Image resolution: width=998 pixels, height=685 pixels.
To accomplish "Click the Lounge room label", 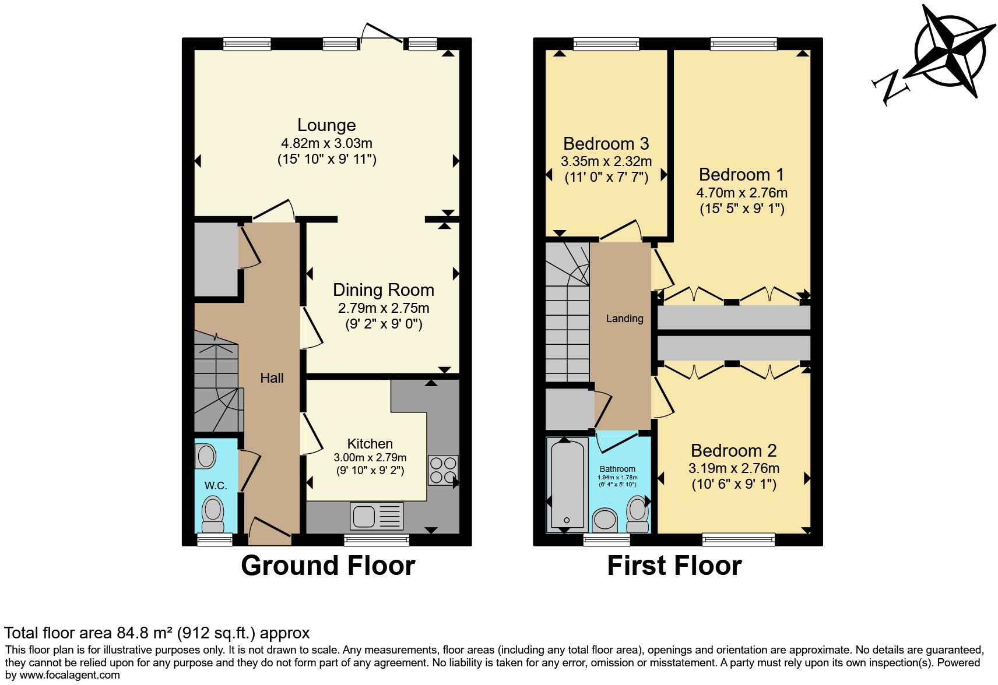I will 326,125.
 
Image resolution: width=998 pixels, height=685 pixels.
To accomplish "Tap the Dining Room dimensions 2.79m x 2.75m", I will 384,308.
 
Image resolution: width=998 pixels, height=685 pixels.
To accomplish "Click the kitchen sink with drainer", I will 377,516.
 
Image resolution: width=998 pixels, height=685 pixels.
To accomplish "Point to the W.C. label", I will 216,486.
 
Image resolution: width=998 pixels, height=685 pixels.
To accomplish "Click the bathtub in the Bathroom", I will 567,483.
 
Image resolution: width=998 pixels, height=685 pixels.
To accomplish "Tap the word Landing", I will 624,319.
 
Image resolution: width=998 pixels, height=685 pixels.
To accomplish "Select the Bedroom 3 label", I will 606,143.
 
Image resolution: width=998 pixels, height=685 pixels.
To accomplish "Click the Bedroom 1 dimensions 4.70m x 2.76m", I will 742,192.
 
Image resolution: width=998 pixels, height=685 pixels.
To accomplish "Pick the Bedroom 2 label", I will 733,450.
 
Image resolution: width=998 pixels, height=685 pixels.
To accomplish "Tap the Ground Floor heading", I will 328,566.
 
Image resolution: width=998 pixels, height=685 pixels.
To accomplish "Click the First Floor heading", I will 674,566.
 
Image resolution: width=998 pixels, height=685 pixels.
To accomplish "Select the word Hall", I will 272,378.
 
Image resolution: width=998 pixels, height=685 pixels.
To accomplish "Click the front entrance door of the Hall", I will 270,529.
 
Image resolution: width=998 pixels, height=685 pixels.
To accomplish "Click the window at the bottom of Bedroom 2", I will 739,540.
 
